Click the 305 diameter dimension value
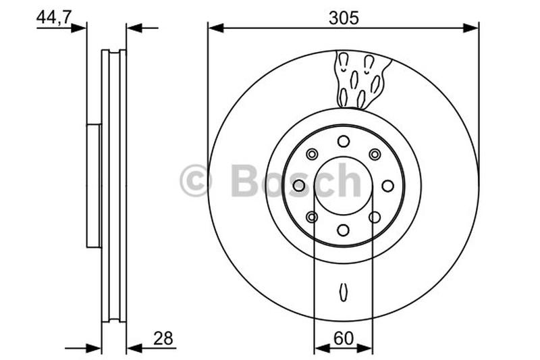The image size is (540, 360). [344, 18]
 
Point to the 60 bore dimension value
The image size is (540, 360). [344, 337]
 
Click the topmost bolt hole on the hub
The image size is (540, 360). [344, 140]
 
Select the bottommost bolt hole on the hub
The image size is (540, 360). [344, 230]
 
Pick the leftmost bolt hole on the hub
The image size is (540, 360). [299, 185]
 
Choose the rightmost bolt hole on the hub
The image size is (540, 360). [388, 185]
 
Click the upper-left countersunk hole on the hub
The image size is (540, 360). [312, 154]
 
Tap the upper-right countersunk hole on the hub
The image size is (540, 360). [375, 154]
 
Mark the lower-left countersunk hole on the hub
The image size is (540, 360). [312, 217]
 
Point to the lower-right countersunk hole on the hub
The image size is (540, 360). [375, 217]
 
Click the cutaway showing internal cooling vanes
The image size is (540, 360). [360, 80]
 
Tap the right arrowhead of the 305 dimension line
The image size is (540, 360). [473, 28]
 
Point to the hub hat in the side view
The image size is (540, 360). [94, 185]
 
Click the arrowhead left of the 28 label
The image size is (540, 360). [134, 348]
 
